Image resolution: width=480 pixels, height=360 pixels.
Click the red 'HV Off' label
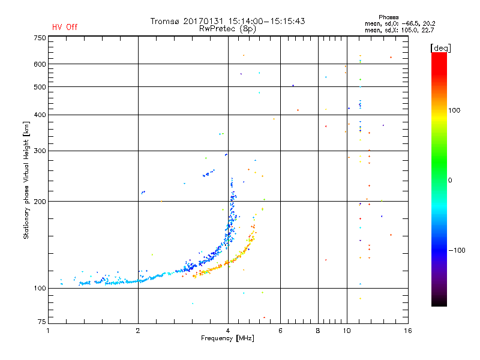click(x=64, y=27)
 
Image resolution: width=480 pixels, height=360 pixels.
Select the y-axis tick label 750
click(x=40, y=38)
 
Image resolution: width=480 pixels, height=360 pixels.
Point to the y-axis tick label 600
click(x=40, y=64)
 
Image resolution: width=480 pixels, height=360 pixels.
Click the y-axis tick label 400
click(x=40, y=115)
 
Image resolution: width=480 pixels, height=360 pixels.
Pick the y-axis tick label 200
click(x=40, y=201)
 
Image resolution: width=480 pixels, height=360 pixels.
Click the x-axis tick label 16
click(x=407, y=331)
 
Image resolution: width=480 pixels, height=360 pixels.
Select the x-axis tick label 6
click(x=280, y=331)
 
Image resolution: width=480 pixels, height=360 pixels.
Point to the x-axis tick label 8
click(x=318, y=331)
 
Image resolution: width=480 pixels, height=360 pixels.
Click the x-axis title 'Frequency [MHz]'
click(x=227, y=338)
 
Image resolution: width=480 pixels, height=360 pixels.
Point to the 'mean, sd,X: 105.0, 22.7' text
click(x=395, y=30)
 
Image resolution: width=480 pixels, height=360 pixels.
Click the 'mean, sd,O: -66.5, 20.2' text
click(x=395, y=24)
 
